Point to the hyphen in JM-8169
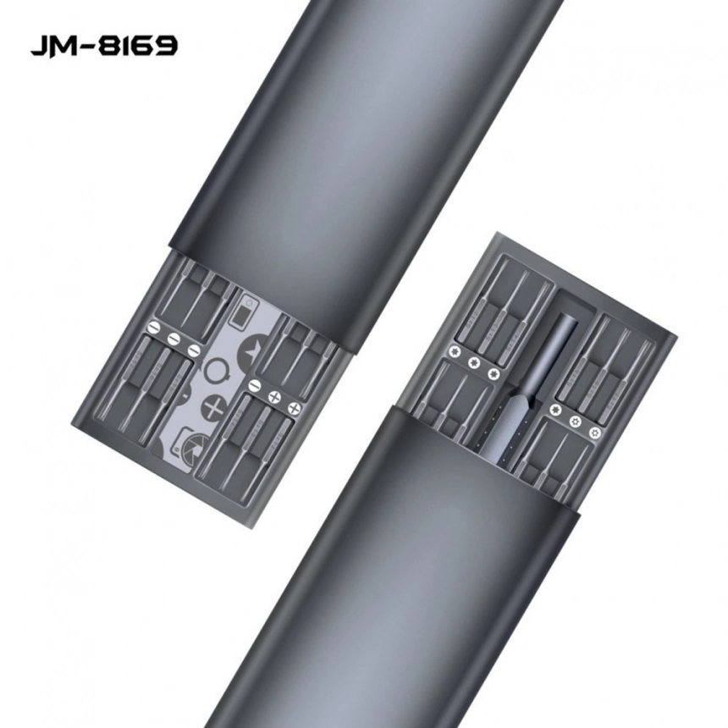point(88,46)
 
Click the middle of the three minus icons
point(173,338)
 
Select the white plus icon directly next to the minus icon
point(273,397)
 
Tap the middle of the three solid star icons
point(472,364)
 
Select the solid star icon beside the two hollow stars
point(556,409)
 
